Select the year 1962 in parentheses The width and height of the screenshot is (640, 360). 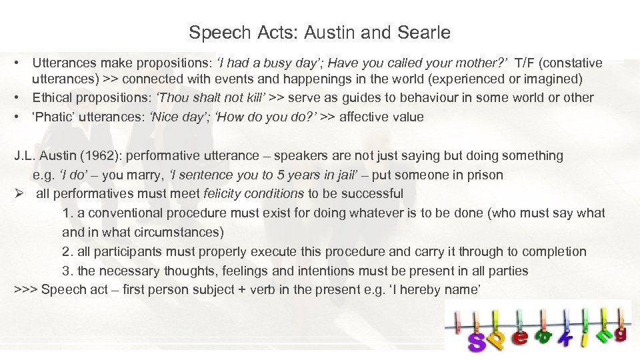tap(99, 156)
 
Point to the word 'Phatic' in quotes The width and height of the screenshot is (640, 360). tap(56, 117)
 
